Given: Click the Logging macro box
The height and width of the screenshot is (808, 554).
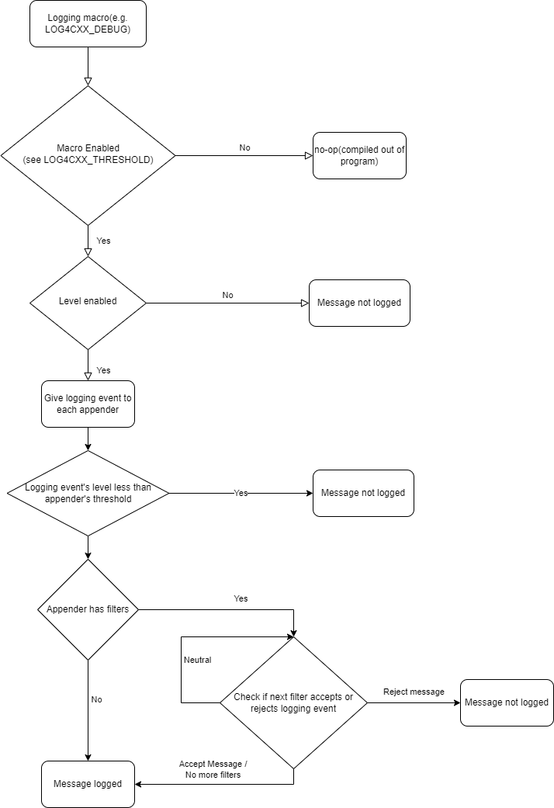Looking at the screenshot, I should [88, 23].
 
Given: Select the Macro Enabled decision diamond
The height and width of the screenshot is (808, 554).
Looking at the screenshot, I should [88, 155].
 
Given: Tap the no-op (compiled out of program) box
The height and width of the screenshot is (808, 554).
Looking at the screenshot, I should [359, 155].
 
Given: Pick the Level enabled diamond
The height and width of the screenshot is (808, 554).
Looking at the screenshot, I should [88, 302].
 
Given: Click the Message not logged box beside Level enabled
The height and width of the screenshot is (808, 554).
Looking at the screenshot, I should [359, 303].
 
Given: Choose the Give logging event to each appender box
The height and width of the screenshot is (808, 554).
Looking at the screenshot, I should [88, 404].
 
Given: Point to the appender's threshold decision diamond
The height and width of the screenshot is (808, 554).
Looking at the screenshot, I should [88, 493].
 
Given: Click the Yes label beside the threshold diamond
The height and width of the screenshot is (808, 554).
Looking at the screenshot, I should [241, 493].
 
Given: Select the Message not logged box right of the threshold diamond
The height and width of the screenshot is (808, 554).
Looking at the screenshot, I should [363, 493].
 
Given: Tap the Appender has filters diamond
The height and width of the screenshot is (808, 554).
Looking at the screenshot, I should [88, 609].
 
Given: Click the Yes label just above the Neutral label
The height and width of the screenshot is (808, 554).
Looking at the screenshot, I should [241, 599].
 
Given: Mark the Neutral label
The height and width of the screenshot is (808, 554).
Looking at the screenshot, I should [197, 660].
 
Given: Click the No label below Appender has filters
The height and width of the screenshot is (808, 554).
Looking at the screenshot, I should [96, 699].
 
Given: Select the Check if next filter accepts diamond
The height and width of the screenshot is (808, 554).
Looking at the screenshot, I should [293, 702].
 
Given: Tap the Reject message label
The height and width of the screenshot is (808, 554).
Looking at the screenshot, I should [414, 692].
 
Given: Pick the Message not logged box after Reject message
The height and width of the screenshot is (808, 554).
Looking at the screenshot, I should [507, 702].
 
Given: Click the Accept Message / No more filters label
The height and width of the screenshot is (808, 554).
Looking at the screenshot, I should [213, 769].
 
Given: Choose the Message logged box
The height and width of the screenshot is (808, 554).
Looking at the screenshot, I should [88, 784].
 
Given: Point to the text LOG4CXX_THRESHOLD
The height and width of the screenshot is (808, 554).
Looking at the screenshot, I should [108, 160].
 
